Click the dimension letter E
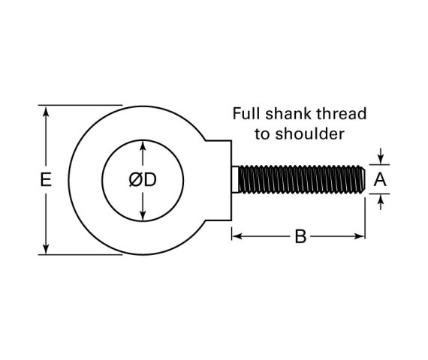click(x=46, y=180)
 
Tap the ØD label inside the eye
click(x=142, y=180)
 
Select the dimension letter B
click(x=300, y=237)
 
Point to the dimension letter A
click(x=380, y=179)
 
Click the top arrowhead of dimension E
click(x=47, y=111)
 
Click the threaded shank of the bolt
click(x=300, y=179)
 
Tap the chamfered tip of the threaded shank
click(x=363, y=179)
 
